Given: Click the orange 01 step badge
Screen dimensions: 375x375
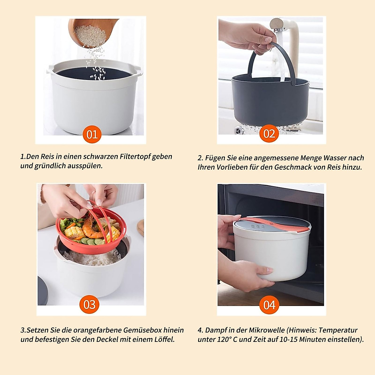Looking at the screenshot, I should click(92, 134).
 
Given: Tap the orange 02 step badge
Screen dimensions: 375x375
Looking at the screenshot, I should click(269, 134).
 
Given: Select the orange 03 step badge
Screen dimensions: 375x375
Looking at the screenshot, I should click(89, 304).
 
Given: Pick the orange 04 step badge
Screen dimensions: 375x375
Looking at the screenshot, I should click(269, 305).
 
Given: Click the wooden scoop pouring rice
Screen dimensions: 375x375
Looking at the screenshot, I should click(91, 31).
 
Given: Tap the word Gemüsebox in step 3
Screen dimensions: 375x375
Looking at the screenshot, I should click(143, 330).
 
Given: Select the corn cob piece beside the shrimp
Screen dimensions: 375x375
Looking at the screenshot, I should click(74, 232).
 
